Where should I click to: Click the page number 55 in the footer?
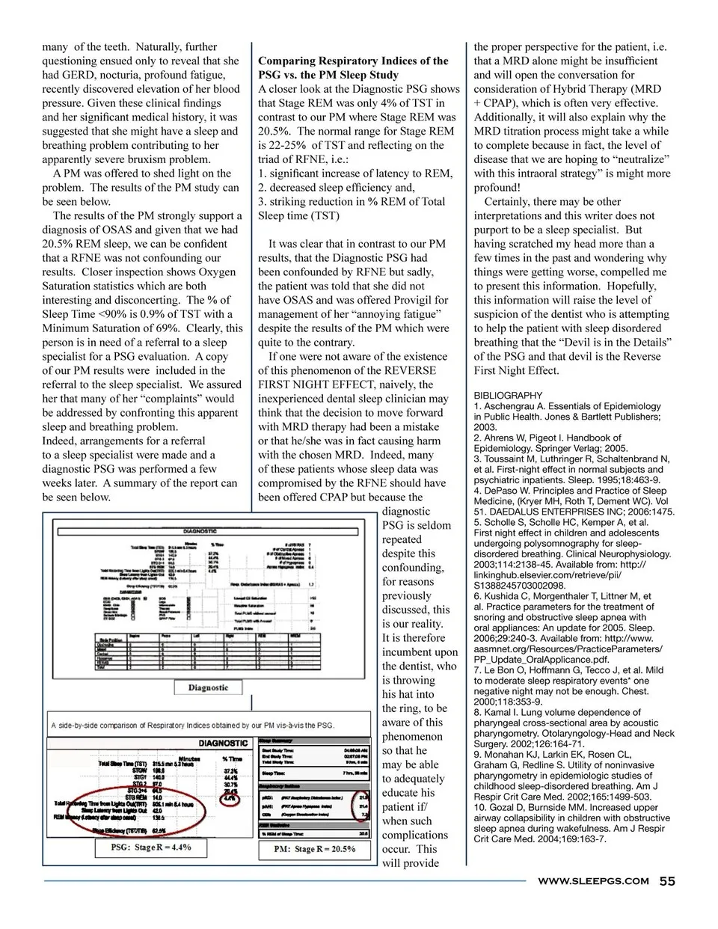point(667,880)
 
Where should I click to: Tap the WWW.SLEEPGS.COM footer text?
point(593,881)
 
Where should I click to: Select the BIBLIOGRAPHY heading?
point(508,395)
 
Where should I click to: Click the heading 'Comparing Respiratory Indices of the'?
point(353,61)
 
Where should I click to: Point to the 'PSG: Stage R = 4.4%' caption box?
point(151,847)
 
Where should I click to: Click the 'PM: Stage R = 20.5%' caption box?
point(314,849)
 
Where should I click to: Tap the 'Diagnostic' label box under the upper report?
point(208,687)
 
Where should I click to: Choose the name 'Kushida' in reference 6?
point(506,596)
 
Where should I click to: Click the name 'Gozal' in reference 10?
point(506,807)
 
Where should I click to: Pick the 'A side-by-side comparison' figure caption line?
point(193,725)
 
